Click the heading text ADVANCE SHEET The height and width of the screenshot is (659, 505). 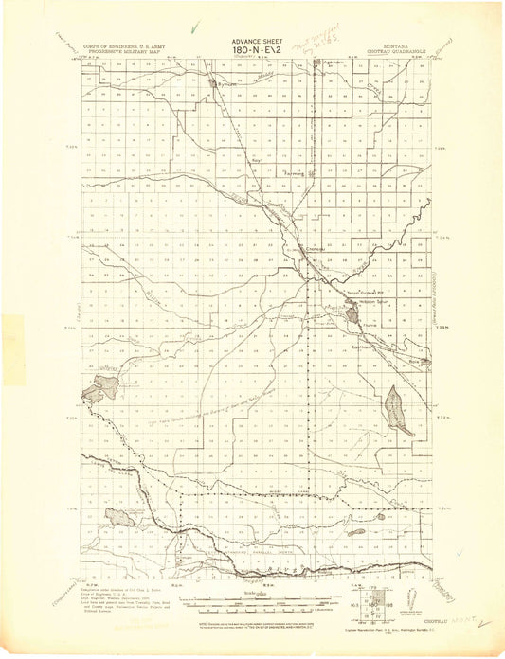pos(251,41)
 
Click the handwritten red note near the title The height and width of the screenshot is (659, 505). pos(310,43)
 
